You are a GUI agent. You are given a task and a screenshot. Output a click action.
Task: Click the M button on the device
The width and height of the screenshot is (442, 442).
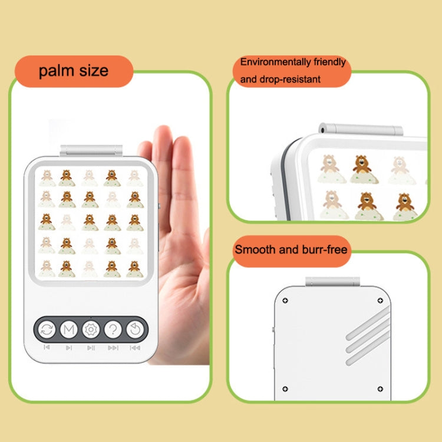[69, 329]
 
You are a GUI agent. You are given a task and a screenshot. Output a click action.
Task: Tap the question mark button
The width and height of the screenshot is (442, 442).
[113, 329]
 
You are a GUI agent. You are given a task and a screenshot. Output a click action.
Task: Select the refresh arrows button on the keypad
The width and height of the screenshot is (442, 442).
[47, 329]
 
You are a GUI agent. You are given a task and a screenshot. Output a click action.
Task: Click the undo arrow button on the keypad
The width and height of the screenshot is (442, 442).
[135, 329]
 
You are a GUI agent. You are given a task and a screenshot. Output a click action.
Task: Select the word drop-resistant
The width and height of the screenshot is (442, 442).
[290, 79]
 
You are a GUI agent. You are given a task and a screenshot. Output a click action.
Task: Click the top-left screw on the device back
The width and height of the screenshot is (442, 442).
[285, 301]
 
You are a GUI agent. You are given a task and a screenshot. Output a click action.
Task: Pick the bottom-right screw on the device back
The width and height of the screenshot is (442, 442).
[380, 389]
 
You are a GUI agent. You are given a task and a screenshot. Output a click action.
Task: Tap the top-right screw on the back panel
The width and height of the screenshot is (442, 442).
[380, 301]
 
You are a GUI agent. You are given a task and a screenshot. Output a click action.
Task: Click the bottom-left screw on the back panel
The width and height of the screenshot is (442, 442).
[285, 389]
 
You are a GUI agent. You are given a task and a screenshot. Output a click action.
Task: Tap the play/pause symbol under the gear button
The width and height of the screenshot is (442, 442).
[91, 348]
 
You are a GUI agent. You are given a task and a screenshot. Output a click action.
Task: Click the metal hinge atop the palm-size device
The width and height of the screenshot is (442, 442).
[91, 150]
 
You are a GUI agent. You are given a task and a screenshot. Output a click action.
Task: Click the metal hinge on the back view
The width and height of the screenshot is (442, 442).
[332, 281]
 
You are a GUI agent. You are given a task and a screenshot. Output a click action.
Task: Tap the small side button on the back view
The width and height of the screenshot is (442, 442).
[273, 329]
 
